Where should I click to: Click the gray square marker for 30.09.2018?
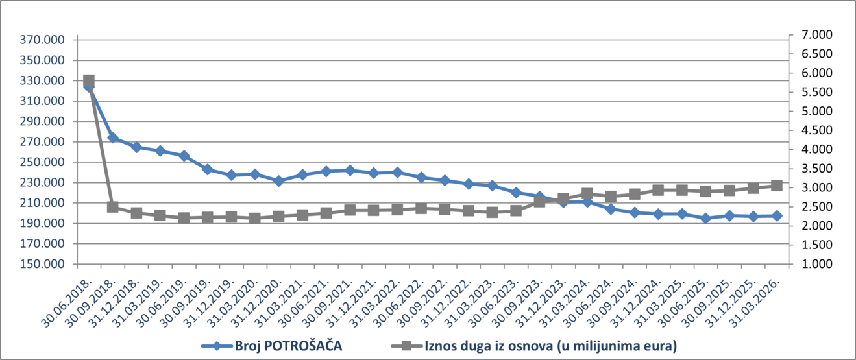(x=113, y=207)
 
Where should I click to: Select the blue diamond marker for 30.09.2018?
(x=113, y=138)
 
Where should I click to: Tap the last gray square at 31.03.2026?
(x=776, y=186)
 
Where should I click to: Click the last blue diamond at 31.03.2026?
(x=776, y=215)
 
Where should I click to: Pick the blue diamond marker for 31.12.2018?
(x=136, y=147)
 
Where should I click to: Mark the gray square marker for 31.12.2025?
(x=753, y=188)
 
